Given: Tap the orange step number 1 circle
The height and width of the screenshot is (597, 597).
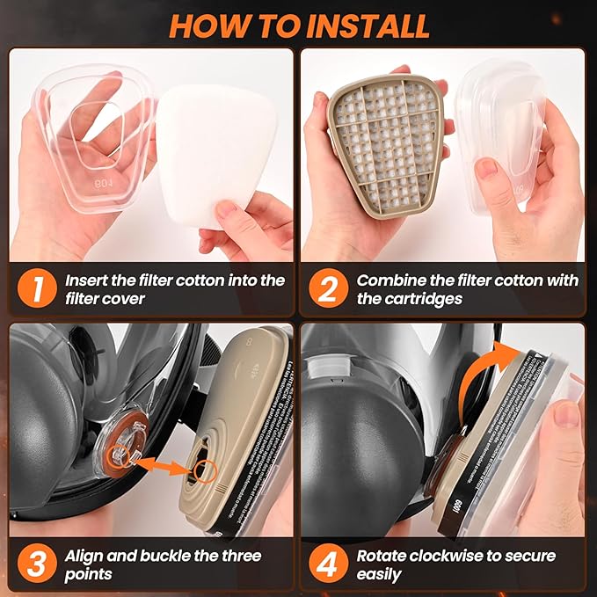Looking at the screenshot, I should click(x=34, y=289).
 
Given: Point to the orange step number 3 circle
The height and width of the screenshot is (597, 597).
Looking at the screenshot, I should click(x=34, y=564).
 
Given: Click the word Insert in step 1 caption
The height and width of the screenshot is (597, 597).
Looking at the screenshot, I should click(x=89, y=280).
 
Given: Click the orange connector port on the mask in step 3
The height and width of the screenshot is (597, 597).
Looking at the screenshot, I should click(x=120, y=449).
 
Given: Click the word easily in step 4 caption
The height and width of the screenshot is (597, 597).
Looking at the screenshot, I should click(x=379, y=574).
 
